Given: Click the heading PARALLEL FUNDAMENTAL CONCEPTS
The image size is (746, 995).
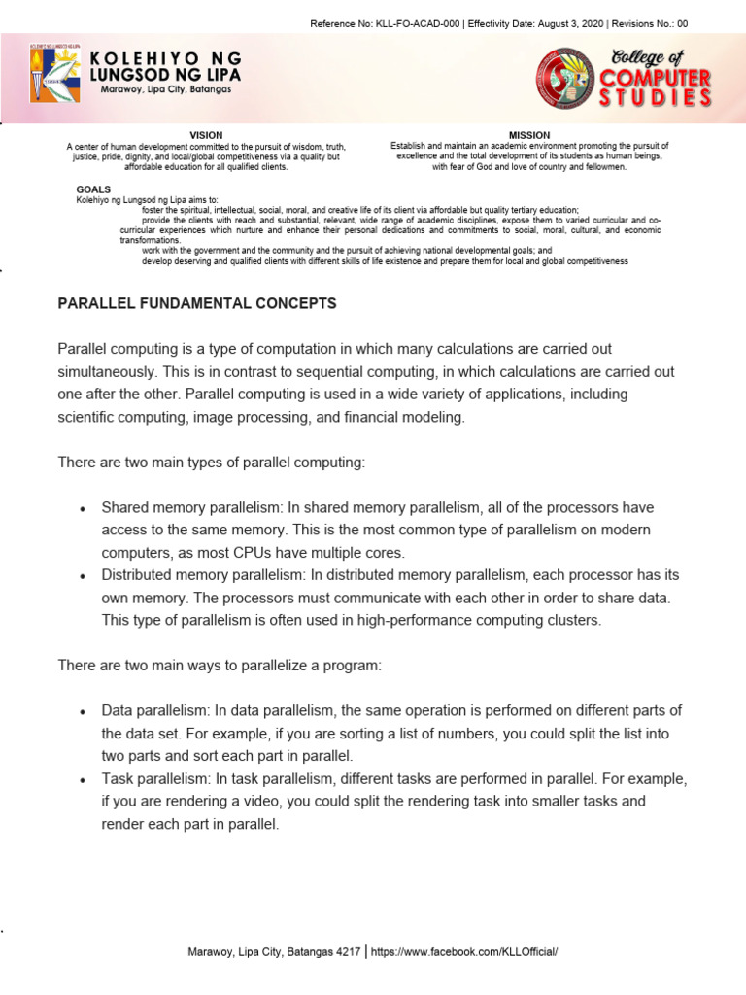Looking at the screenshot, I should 197,304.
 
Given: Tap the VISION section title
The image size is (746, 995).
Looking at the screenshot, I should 206,135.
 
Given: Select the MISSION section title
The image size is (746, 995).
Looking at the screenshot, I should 529,135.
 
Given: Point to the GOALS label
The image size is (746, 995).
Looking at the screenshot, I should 93,189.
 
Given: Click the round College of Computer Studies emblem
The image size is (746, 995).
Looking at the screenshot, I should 565,78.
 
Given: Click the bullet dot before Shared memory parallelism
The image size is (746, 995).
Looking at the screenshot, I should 83,509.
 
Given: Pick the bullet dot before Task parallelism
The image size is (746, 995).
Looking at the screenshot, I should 83,780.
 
